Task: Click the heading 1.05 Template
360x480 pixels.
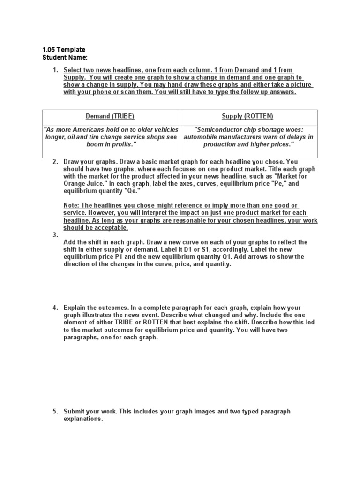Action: (x=64, y=50)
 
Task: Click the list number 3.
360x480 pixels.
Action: (x=55, y=235)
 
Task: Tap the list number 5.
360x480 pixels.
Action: (x=55, y=411)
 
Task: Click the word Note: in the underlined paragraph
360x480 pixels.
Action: (x=71, y=205)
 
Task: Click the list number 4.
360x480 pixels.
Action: (x=55, y=307)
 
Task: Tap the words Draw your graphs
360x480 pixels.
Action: (x=89, y=161)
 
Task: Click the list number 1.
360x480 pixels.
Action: (x=55, y=70)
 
